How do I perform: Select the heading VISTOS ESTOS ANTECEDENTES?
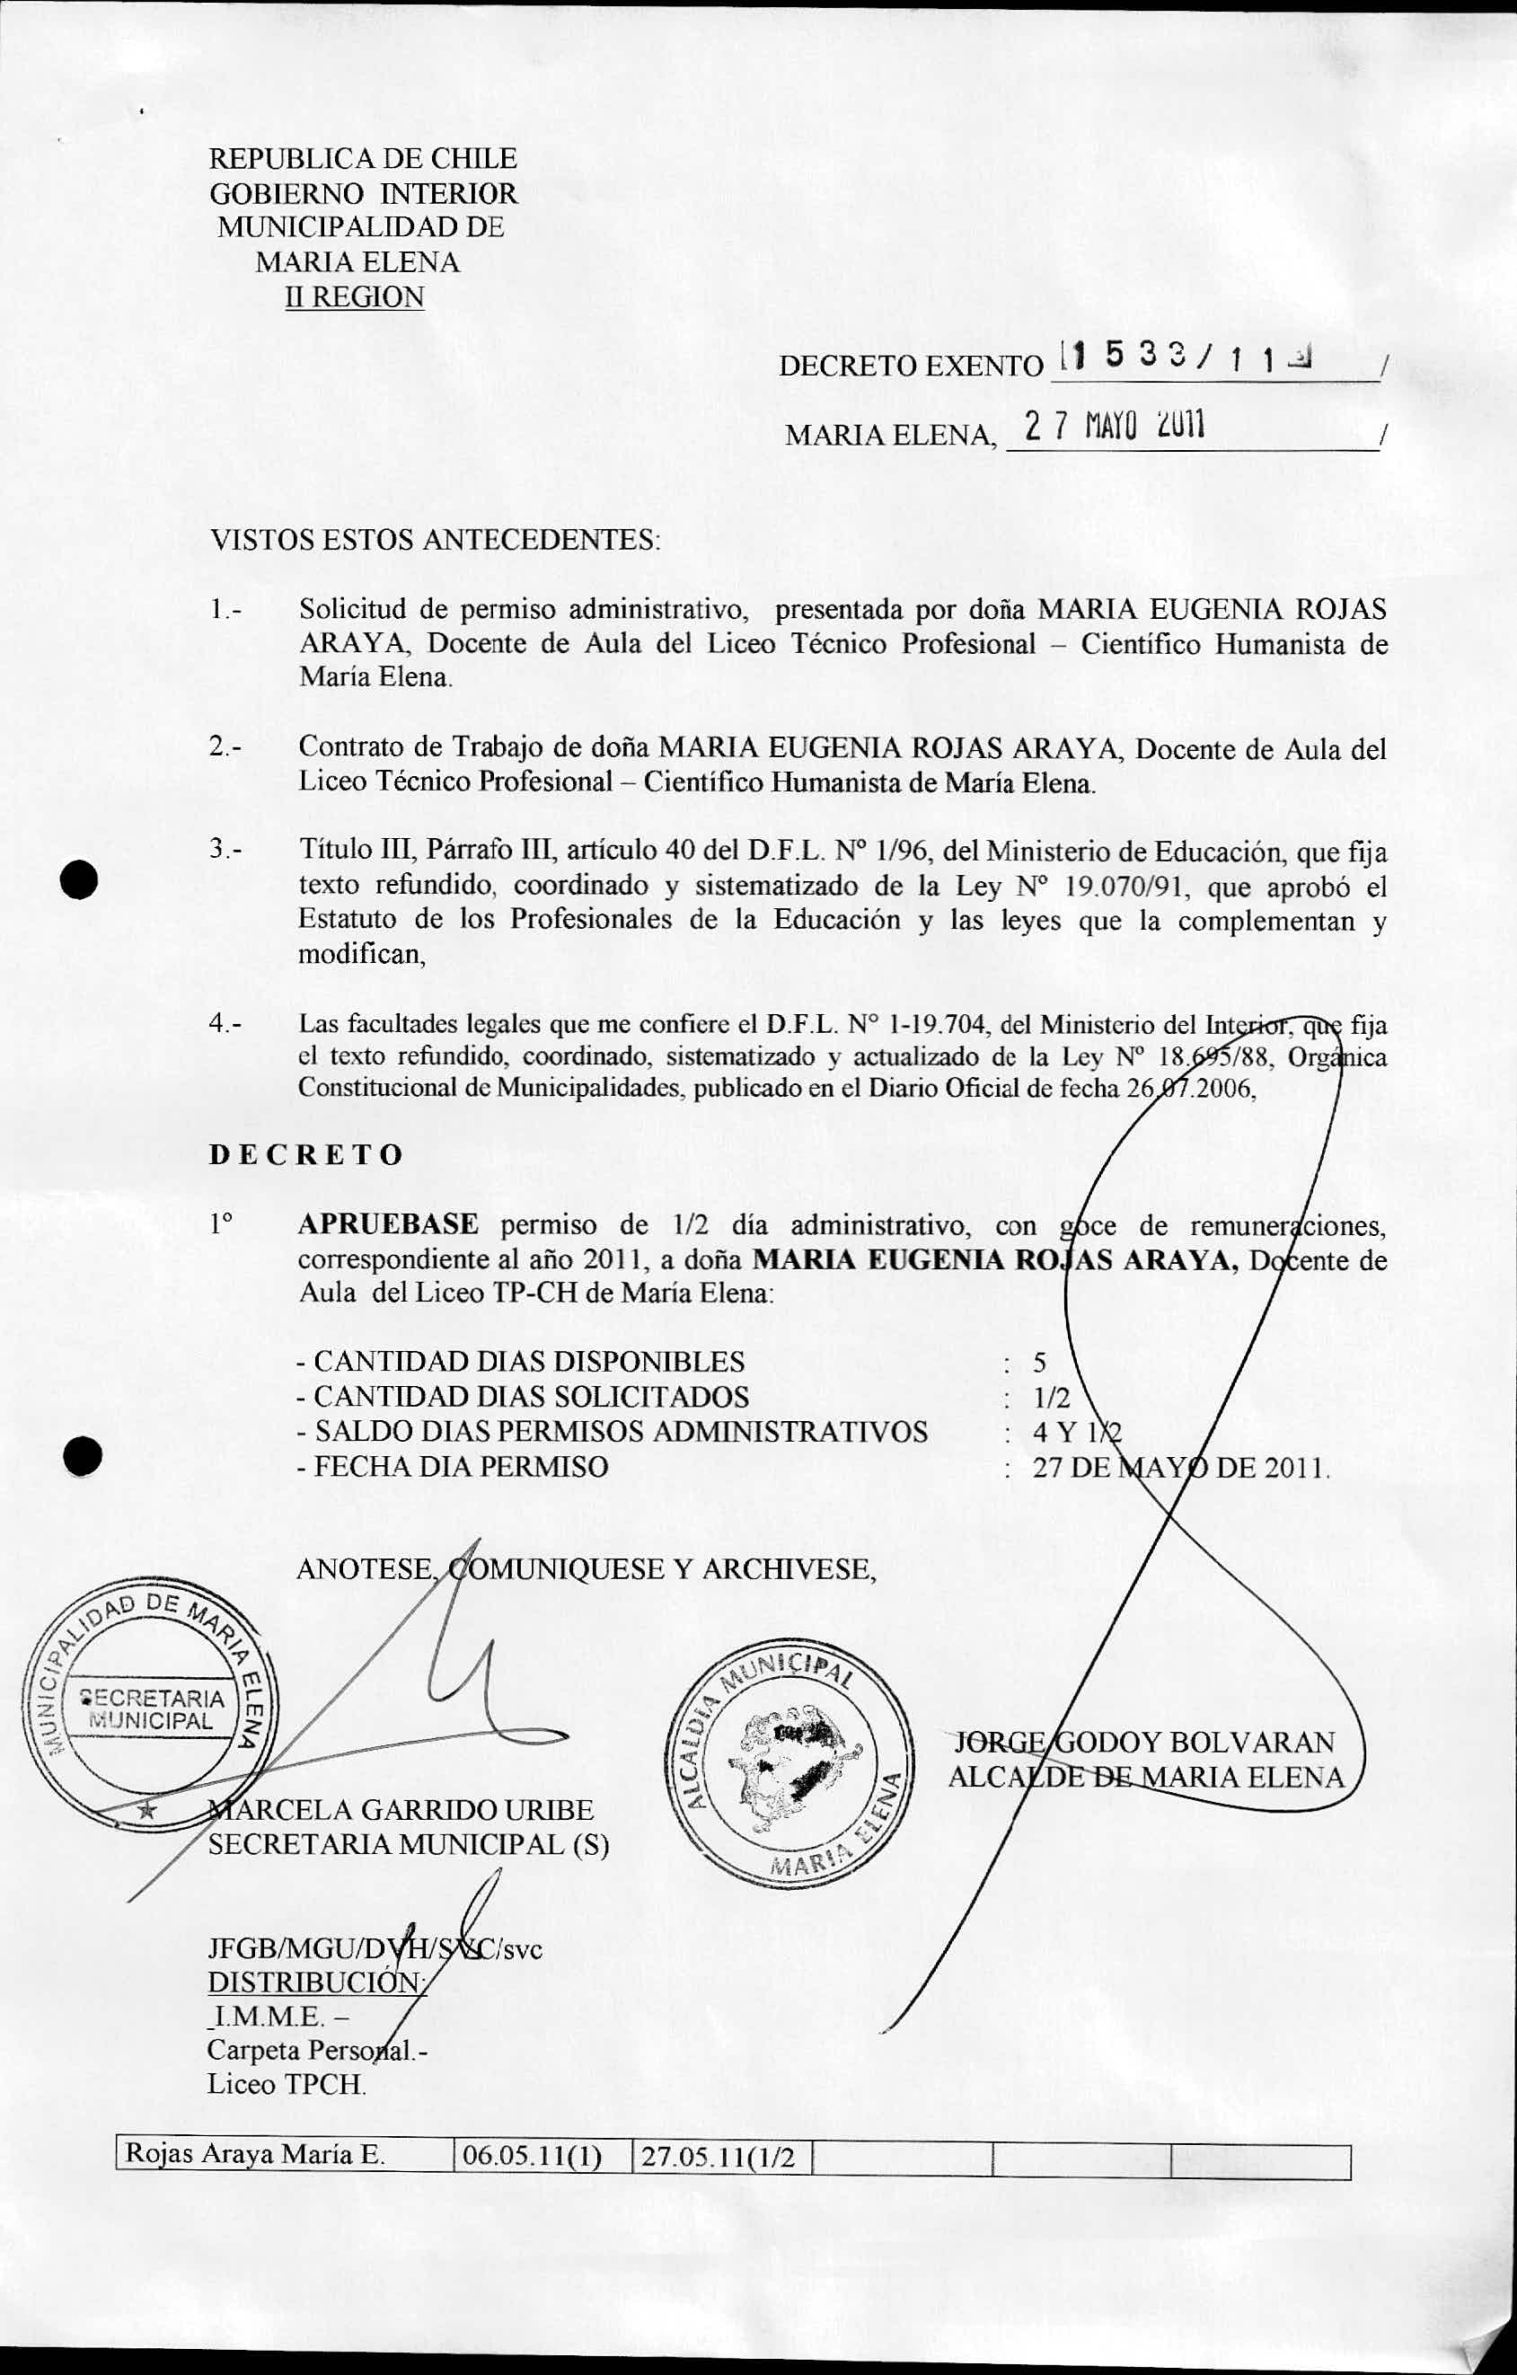(435, 540)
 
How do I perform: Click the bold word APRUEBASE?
(388, 1224)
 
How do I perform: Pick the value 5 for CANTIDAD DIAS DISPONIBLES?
(1038, 1362)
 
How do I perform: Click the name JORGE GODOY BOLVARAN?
(1143, 1743)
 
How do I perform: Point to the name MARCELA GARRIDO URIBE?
(401, 1809)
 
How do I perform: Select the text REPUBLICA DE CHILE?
(363, 159)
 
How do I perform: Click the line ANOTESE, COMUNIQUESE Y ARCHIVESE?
(586, 1568)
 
